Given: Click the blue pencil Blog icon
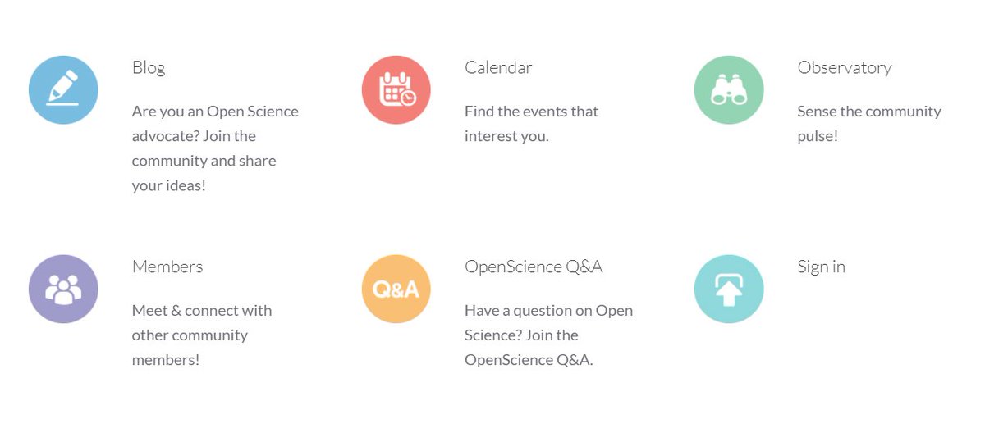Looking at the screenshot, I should (63, 90).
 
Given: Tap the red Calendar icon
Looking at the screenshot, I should (396, 90).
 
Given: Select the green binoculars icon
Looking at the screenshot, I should (729, 90).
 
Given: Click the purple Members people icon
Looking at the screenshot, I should (63, 289).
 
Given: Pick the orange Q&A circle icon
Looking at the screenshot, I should (396, 289).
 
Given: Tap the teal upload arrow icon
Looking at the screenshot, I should (729, 289).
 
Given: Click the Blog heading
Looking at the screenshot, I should (149, 67).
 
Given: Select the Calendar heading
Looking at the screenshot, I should (498, 67).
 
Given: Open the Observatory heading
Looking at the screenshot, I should (844, 67).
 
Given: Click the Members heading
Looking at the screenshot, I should (167, 267).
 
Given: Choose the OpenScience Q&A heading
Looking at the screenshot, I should (534, 267).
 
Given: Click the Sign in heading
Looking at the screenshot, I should (821, 267).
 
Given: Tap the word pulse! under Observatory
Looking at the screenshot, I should (818, 136).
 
